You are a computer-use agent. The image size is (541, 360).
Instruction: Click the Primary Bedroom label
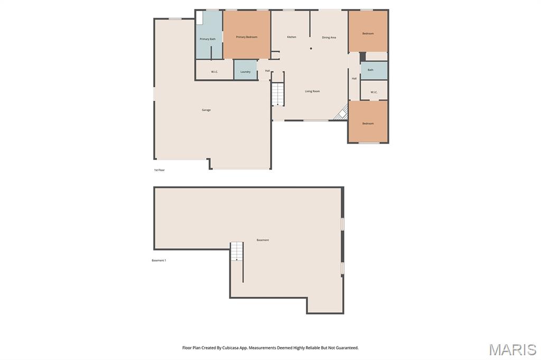point(246,37)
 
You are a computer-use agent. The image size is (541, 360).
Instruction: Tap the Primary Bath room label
point(207,39)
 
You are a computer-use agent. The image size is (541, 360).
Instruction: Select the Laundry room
point(245,70)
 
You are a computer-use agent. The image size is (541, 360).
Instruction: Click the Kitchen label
point(292,37)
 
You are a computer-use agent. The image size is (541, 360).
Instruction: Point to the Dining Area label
point(329,37)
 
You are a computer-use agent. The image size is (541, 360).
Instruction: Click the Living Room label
point(312,91)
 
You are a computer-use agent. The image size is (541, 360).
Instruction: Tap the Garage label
point(207,110)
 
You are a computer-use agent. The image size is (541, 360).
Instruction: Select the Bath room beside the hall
point(374,70)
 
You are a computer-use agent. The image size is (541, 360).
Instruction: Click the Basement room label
point(263,240)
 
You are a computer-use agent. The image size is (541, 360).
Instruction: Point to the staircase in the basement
point(237,251)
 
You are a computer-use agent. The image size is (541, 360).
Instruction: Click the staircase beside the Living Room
point(278,94)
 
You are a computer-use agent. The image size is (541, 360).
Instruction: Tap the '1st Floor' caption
point(160,170)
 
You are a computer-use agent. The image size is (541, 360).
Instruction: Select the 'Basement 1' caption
point(158,260)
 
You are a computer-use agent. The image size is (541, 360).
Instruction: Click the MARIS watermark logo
point(512,349)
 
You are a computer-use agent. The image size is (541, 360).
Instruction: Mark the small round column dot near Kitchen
point(311,49)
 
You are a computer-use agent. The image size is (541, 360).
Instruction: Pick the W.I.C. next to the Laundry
point(214,72)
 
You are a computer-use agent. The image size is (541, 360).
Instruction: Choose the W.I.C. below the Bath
point(374,92)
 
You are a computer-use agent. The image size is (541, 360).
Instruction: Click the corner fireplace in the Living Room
point(342,112)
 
